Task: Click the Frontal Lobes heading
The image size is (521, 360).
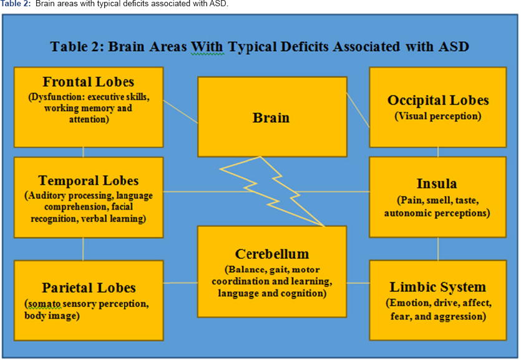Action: (x=88, y=82)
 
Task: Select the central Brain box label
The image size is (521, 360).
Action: (x=271, y=117)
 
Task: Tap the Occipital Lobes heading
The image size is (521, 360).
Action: (x=438, y=100)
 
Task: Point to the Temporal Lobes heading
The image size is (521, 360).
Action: (x=89, y=180)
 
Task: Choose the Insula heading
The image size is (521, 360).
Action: (x=437, y=183)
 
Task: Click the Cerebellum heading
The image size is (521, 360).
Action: (x=272, y=254)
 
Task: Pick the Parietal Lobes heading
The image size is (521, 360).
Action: (x=89, y=288)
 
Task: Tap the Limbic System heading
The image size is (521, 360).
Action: (x=437, y=287)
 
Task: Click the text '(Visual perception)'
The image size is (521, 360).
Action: (x=437, y=116)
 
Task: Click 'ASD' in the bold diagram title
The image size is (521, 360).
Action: (x=454, y=47)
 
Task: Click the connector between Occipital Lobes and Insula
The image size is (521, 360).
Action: (x=438, y=152)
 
